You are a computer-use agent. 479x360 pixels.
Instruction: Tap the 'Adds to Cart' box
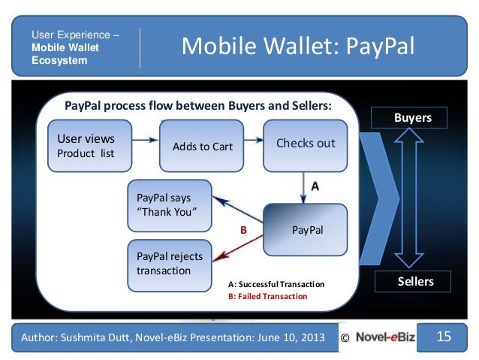203,146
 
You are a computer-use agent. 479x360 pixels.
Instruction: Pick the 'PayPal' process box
306,229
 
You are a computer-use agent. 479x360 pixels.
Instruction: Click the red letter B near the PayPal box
243,231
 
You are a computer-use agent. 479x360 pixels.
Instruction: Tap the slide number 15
444,337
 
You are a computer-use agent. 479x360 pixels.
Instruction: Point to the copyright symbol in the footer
345,338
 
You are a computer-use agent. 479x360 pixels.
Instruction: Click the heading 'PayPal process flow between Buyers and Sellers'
197,106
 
